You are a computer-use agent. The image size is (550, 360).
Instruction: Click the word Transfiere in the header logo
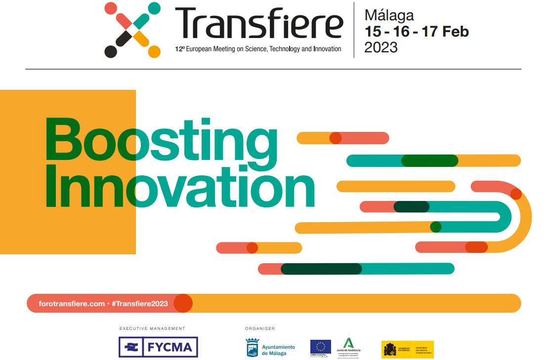[258, 24]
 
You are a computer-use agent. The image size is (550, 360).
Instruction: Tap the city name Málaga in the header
[389, 15]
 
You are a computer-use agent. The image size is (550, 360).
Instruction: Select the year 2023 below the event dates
[381, 47]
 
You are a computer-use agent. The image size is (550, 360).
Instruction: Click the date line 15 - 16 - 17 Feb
[416, 32]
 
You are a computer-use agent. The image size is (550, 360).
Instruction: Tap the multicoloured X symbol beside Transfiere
[132, 30]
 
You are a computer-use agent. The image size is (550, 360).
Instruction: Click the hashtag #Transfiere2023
[140, 304]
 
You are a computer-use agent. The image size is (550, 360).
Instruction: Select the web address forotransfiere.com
[72, 304]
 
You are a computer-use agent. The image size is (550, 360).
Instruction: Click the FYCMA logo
[158, 347]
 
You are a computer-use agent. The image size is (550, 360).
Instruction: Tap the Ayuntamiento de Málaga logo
[270, 348]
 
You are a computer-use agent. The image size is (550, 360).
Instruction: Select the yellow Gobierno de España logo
[408, 349]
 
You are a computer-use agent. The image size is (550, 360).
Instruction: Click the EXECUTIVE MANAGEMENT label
[152, 328]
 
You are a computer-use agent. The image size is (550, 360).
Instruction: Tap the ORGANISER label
[260, 328]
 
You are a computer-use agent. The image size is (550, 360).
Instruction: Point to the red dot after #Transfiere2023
[183, 304]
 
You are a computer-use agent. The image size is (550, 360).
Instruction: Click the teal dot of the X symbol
[154, 8]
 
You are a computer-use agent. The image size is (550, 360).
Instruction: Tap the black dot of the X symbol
[111, 51]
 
